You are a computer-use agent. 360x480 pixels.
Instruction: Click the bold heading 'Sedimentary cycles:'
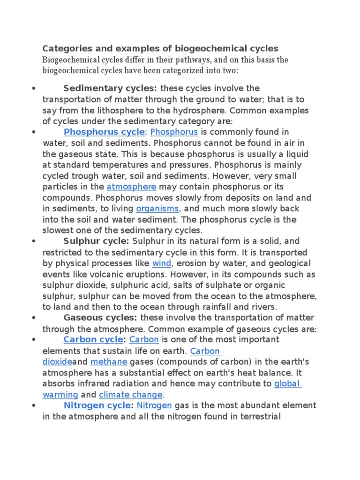pyautogui.click(x=111, y=89)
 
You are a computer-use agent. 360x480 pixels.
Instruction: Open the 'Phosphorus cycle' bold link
pyautogui.click(x=104, y=132)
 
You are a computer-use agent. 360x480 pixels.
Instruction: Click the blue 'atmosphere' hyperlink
pyautogui.click(x=131, y=187)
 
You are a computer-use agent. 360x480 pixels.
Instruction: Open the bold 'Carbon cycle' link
pyautogui.click(x=93, y=339)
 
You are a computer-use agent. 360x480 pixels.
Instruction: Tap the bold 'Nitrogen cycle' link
pyautogui.click(x=97, y=405)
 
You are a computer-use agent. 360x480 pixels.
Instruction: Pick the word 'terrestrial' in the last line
pyautogui.click(x=258, y=416)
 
